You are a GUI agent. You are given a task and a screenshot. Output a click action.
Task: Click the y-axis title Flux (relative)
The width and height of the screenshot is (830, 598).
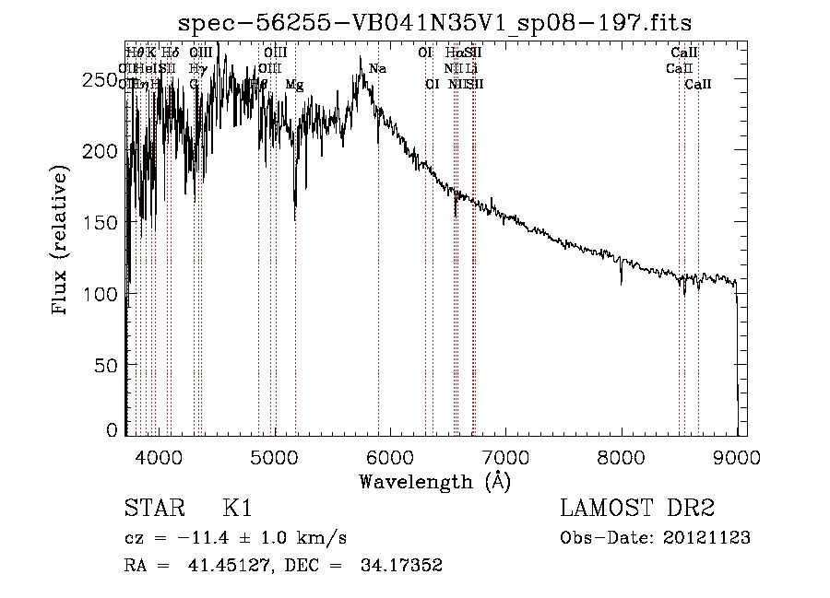(61, 241)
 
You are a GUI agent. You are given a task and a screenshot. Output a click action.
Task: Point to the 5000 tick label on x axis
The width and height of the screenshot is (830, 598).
(274, 456)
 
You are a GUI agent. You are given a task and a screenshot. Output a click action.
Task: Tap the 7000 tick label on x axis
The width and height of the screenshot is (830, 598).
(505, 456)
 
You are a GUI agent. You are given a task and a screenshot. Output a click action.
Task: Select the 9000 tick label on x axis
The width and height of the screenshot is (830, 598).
(736, 456)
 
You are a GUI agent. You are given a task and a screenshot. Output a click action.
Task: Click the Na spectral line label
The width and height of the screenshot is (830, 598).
(377, 69)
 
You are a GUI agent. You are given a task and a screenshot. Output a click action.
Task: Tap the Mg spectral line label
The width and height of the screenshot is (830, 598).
(294, 85)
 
